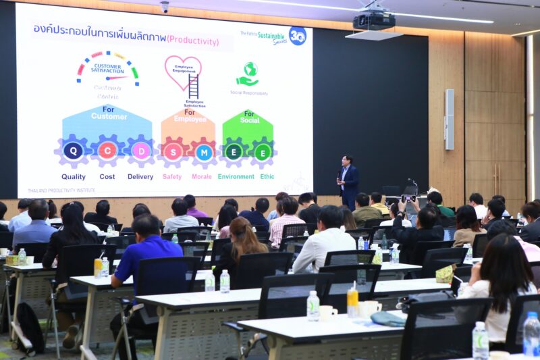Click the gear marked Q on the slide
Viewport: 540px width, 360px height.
73,151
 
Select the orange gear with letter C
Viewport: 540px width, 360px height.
107,151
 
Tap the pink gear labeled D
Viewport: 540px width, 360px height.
140,151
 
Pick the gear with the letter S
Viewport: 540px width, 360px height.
173,151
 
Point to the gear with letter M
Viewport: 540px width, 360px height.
204,151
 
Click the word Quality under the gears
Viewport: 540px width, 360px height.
74,177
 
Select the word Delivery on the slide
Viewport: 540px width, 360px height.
140,177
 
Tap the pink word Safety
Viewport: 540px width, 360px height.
172,177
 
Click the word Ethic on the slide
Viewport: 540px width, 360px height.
268,177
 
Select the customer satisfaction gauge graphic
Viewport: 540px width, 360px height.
108,69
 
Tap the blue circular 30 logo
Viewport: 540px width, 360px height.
297,36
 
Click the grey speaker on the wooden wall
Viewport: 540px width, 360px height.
449,119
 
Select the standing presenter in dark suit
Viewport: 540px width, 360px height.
348,181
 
